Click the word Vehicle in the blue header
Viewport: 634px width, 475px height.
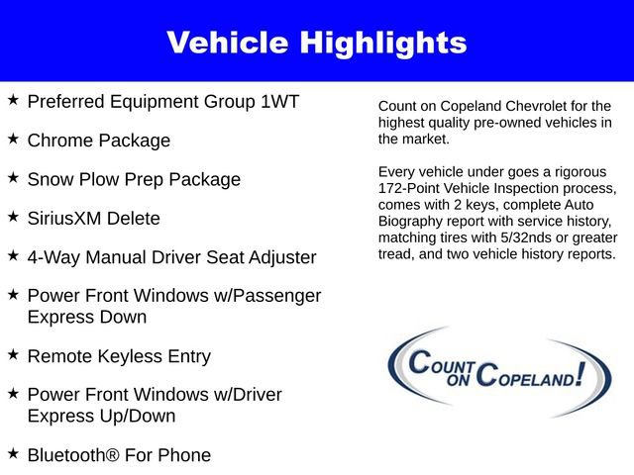click(230, 43)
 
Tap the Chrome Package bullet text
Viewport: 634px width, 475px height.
click(99, 141)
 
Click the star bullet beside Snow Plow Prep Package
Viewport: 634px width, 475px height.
click(13, 178)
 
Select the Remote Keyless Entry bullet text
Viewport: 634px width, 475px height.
click(119, 356)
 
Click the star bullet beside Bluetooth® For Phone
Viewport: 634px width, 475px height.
click(13, 453)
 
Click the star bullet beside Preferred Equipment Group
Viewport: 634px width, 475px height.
click(13, 100)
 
